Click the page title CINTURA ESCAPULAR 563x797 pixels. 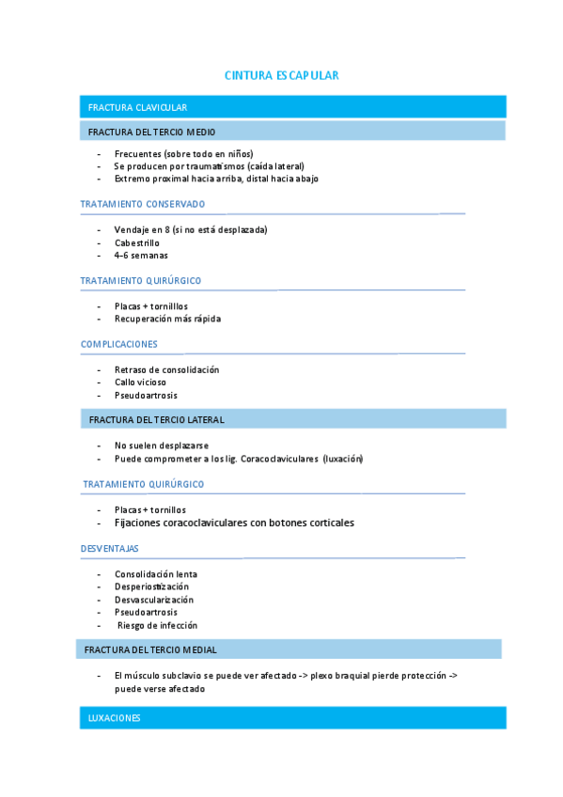point(281,75)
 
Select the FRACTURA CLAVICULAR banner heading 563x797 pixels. point(137,107)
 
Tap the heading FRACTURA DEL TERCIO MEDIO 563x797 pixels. point(151,132)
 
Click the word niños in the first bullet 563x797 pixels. point(240,153)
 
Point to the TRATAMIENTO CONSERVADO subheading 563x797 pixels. point(143,204)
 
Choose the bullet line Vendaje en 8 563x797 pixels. point(191,229)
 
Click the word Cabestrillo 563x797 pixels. point(136,242)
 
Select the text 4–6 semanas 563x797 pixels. point(141,255)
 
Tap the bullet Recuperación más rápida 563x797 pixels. point(167,319)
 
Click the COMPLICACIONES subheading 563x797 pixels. point(119,344)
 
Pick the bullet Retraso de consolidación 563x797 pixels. point(166,369)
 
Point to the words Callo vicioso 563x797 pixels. point(140,383)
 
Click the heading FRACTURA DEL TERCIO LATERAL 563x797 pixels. point(156,419)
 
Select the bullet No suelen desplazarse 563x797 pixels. point(161,445)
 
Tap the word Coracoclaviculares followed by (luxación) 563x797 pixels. point(279,459)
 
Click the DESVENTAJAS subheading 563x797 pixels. point(110,548)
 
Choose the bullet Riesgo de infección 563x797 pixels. point(157,625)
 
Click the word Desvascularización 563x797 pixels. point(154,600)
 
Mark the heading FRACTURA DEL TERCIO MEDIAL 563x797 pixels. point(150,649)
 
